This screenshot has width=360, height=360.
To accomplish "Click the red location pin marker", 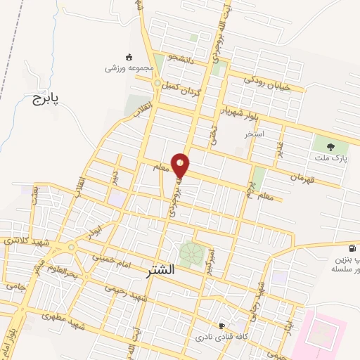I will (181, 165).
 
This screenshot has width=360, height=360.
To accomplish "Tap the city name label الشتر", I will (162, 269).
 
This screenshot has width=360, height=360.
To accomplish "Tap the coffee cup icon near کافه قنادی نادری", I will (222, 326).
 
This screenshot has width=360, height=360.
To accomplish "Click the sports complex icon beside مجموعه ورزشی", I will (129, 57).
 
